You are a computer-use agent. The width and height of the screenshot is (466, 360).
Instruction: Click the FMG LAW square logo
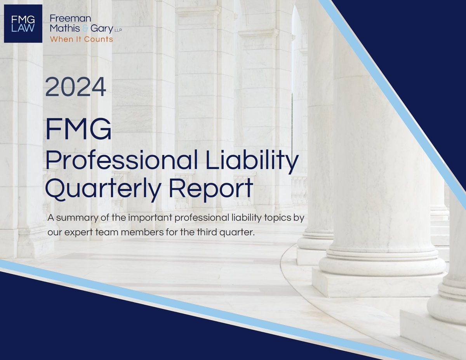coord(23,23)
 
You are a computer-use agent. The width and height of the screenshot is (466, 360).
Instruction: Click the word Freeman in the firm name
coord(65,18)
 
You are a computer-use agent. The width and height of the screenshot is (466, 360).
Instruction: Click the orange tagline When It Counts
coord(82,39)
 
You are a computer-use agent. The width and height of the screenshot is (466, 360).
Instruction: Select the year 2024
coord(76,87)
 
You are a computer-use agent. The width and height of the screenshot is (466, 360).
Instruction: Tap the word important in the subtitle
coord(148,217)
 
